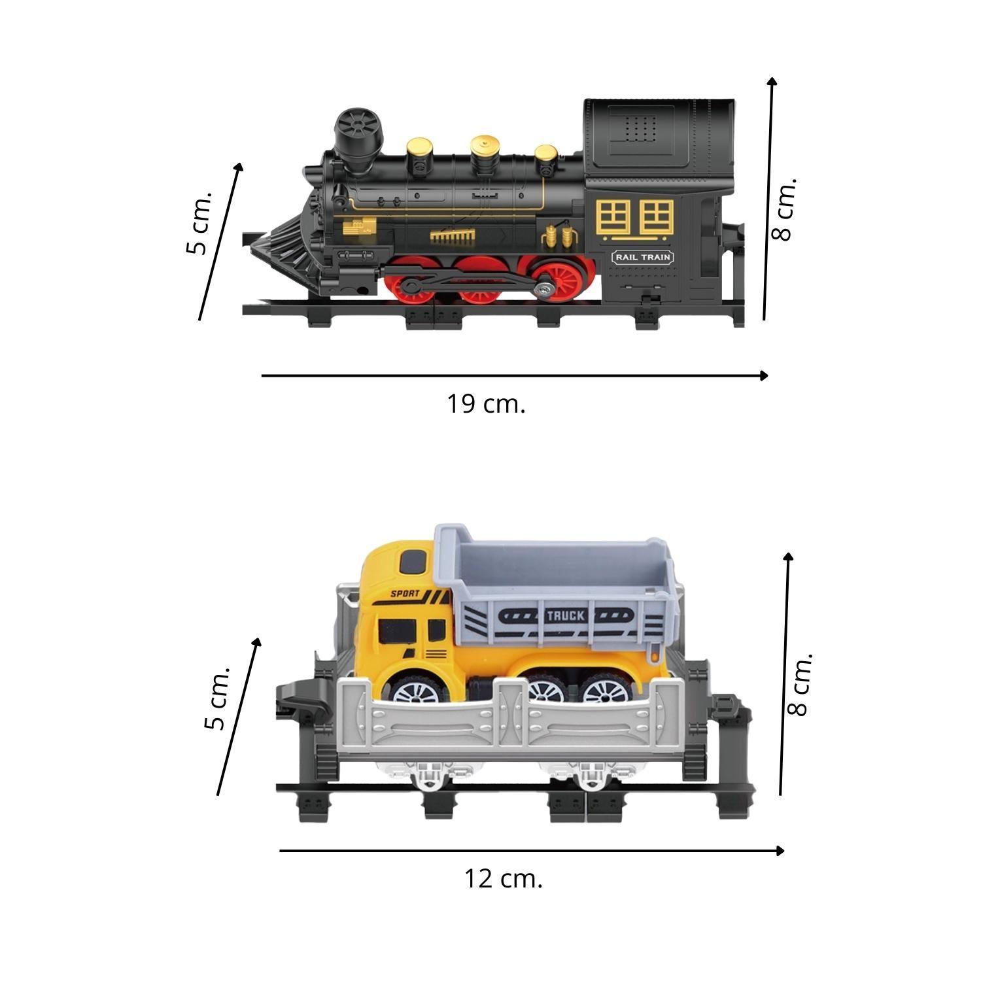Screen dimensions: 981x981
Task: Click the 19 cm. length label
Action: point(486,404)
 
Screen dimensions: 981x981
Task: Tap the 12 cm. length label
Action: point(503,878)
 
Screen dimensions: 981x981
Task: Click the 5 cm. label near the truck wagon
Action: point(216,698)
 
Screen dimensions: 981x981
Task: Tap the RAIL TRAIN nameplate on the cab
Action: point(643,257)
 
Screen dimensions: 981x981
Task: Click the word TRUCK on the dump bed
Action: point(566,615)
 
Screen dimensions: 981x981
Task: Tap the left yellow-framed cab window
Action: point(612,216)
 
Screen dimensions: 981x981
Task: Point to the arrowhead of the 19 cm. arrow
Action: point(763,375)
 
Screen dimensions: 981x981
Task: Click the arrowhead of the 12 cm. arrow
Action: point(780,851)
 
